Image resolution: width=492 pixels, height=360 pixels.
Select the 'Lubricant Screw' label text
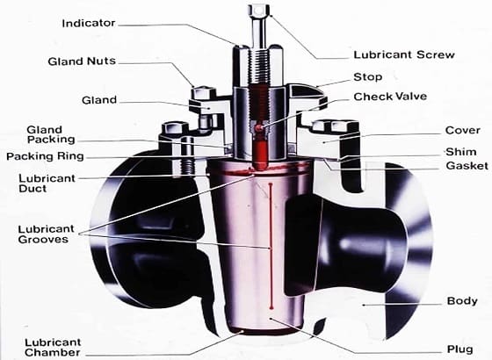(403, 54)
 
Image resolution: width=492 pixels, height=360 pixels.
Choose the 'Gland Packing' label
(44, 134)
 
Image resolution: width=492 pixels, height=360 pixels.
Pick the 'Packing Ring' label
(45, 157)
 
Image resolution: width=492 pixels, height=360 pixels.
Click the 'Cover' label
(462, 131)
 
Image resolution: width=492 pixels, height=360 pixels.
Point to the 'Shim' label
(461, 151)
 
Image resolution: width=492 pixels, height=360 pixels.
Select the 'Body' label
(462, 301)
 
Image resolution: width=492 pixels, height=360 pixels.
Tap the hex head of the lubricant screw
(259, 11)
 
